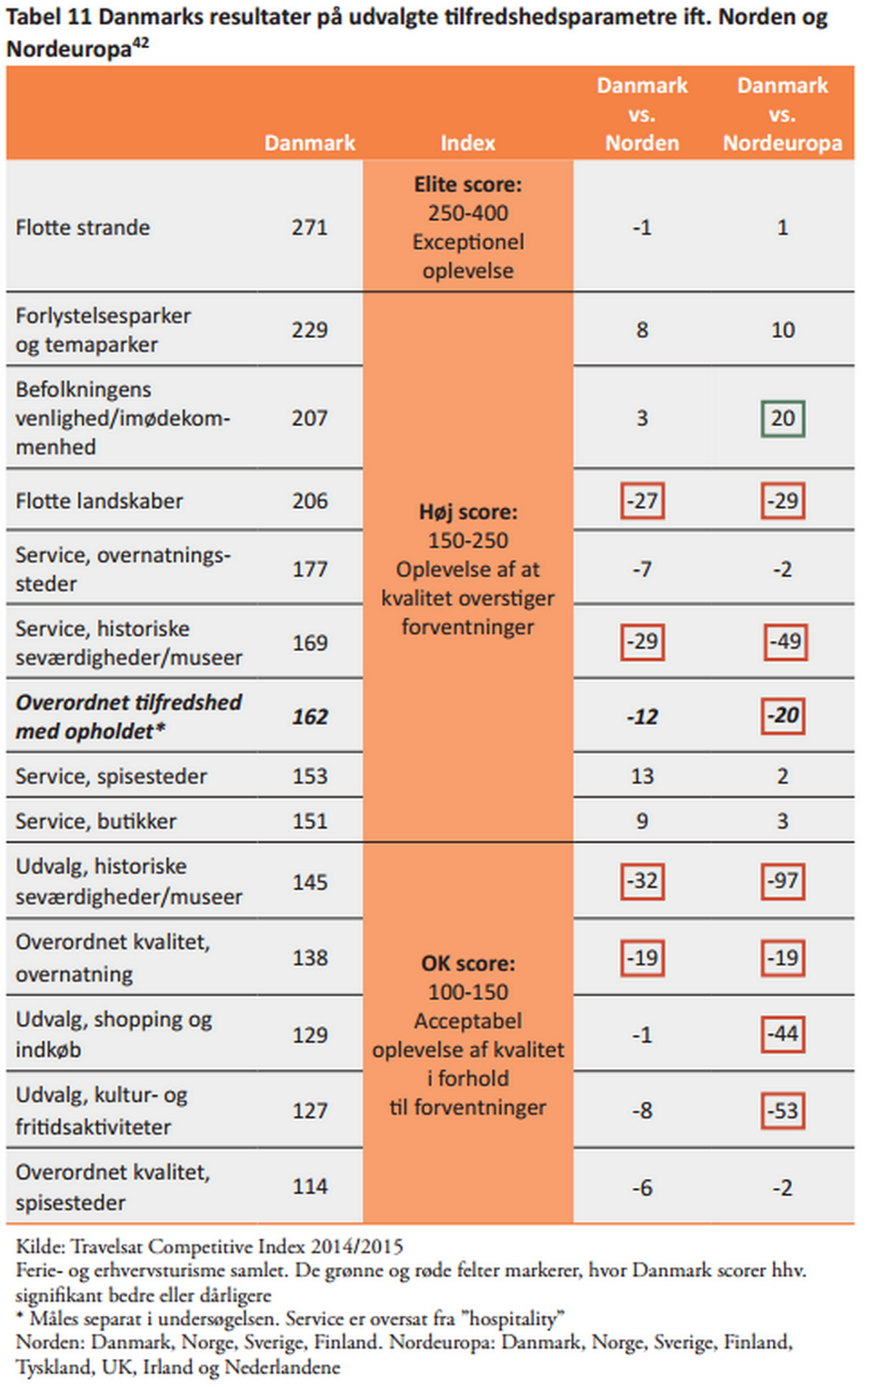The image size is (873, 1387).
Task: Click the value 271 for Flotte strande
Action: (x=309, y=227)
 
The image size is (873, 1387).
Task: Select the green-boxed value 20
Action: (x=783, y=418)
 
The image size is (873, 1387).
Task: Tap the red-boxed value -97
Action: (x=783, y=881)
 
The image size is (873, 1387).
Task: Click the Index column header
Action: (x=467, y=143)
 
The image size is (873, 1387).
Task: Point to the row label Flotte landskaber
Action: (x=99, y=501)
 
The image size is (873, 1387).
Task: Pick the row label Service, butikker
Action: (x=95, y=821)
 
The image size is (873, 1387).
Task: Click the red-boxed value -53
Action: (x=783, y=1111)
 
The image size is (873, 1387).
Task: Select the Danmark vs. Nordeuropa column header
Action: (x=782, y=115)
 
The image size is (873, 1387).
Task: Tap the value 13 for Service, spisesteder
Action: (x=642, y=776)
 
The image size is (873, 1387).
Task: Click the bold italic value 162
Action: (x=309, y=717)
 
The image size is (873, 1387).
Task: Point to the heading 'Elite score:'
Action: (x=467, y=185)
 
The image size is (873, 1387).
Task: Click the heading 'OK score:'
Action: (x=467, y=963)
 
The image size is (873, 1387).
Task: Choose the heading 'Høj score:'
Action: (x=467, y=512)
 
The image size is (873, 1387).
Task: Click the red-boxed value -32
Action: (x=642, y=881)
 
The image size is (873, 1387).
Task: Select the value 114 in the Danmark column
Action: (x=309, y=1186)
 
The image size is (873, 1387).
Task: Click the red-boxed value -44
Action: (x=783, y=1034)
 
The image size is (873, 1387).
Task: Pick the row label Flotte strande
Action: (x=83, y=227)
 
